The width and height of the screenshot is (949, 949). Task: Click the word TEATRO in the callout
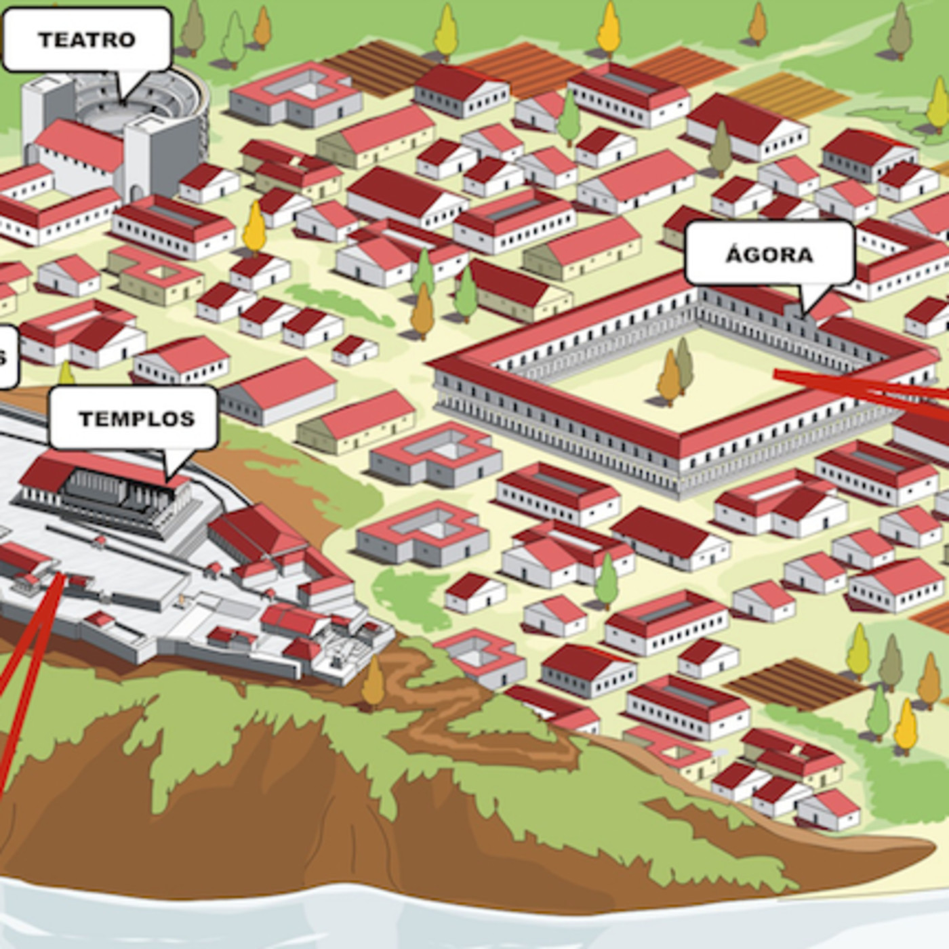[87, 40]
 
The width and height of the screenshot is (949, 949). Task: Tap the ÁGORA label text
[769, 255]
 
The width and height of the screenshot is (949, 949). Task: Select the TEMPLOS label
[136, 418]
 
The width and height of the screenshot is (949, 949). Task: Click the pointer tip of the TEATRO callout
[123, 102]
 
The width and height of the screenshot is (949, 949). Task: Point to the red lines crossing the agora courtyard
[861, 390]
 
